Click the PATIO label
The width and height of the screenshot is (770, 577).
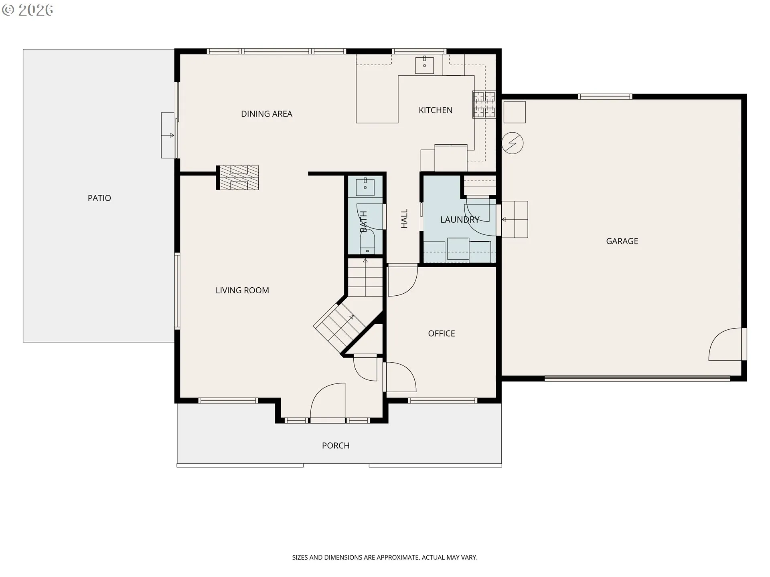coord(99,198)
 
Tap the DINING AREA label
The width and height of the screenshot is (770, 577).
coord(267,114)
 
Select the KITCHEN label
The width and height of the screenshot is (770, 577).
coord(436,110)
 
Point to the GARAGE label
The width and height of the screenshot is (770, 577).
coord(622,241)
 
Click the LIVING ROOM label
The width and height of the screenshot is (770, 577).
coord(242,291)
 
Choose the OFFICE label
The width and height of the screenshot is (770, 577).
coord(442,333)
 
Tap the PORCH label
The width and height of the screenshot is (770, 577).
coord(336,446)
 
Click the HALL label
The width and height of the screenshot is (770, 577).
coord(404,218)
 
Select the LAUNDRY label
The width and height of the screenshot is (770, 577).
coord(460,220)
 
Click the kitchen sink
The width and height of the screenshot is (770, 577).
coord(424,65)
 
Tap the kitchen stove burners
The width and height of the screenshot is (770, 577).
coord(484,105)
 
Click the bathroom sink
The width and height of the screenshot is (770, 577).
coord(365,187)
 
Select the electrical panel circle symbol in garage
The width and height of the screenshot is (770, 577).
coord(513,143)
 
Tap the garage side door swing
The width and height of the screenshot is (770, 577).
coord(725,344)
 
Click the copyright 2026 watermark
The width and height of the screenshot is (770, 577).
coord(27,10)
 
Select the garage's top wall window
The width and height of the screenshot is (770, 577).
coord(605,97)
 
